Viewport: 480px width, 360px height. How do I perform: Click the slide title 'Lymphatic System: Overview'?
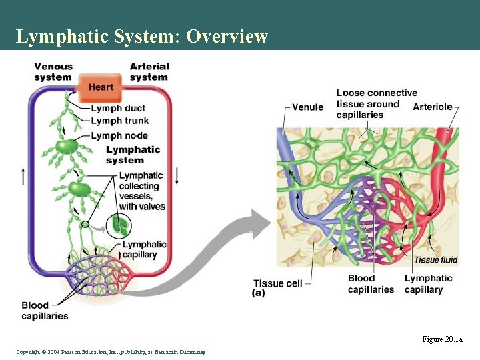(x=141, y=36)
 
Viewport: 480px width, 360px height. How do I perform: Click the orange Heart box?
(x=101, y=87)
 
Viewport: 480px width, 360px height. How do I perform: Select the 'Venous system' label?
(x=53, y=72)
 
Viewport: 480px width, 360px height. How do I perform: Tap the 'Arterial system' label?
(x=149, y=72)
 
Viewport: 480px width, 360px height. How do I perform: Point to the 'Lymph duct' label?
(x=118, y=108)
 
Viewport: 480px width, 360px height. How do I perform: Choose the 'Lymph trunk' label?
(x=120, y=121)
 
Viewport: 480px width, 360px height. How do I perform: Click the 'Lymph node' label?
(x=119, y=135)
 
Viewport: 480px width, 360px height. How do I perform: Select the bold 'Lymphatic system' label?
(x=133, y=155)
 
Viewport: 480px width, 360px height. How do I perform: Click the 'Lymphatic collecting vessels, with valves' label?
(x=141, y=191)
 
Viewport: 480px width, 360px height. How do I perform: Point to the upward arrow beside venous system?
(x=24, y=177)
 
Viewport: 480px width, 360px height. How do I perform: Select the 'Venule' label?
(x=308, y=107)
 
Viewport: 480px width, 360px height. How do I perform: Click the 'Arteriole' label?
(x=433, y=107)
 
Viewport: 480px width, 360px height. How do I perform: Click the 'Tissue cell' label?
(x=277, y=283)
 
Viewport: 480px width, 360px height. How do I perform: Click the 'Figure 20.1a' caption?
(x=442, y=339)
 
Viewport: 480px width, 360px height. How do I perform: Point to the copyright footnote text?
(x=111, y=351)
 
